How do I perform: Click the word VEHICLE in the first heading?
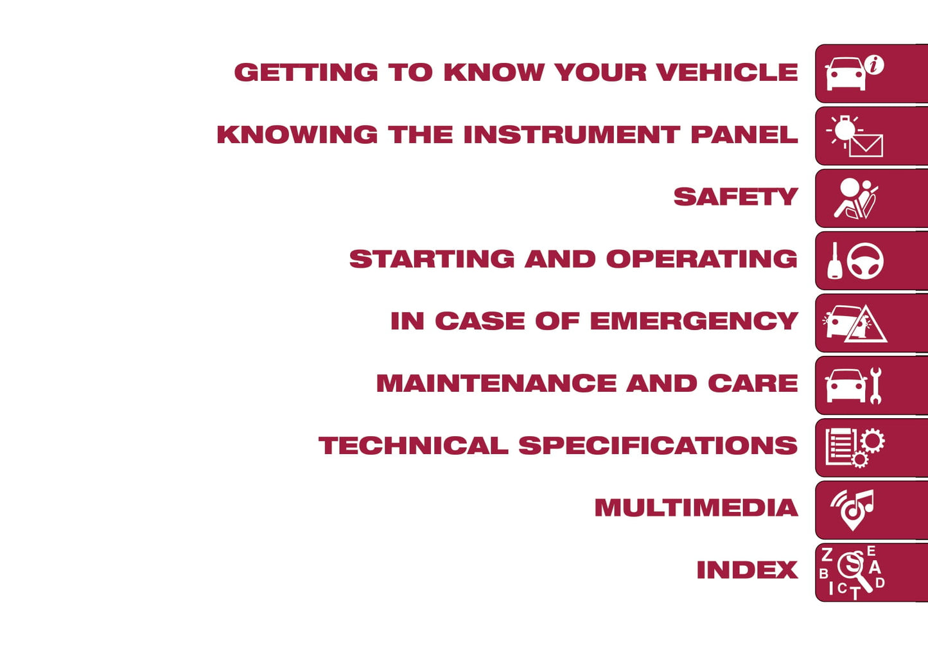728,73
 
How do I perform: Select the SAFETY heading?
736,197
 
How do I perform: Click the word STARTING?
432,259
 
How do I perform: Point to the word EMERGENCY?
694,321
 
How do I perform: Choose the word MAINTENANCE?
496,383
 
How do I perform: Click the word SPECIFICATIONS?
658,446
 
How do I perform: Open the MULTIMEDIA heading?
696,507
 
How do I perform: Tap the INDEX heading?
748,570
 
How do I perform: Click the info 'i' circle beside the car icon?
874,65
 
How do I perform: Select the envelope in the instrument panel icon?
866,146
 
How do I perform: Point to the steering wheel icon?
864,261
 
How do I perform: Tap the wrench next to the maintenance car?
875,385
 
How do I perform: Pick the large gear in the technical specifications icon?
873,441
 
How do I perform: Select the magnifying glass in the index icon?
854,570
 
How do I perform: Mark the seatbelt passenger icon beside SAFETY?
856,198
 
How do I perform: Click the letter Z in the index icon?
827,554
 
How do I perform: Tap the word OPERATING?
702,259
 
